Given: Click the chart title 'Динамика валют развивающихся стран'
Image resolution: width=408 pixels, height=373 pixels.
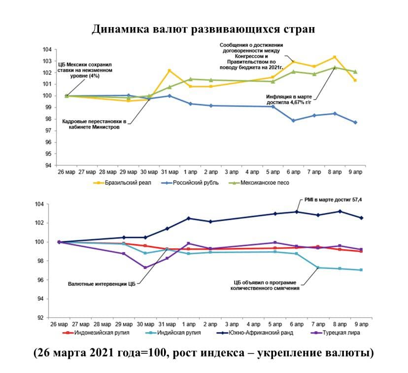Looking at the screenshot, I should [203, 29].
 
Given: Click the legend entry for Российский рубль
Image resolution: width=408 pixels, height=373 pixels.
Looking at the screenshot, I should [192, 183].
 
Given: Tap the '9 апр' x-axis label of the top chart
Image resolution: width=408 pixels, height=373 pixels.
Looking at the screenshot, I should [355, 172].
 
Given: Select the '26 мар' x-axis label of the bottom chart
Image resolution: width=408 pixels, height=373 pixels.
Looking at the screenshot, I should [59, 325].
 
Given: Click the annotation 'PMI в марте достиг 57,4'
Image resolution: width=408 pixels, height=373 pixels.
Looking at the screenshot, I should [335, 200].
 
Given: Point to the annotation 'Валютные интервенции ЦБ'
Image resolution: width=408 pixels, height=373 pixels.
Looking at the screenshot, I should [101, 284].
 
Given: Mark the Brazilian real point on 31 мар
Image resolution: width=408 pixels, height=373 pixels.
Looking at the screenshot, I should [170, 70].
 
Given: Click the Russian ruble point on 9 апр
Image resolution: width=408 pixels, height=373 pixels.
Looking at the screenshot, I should [355, 122].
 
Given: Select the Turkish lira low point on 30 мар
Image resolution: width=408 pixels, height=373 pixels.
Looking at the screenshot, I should [145, 268].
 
